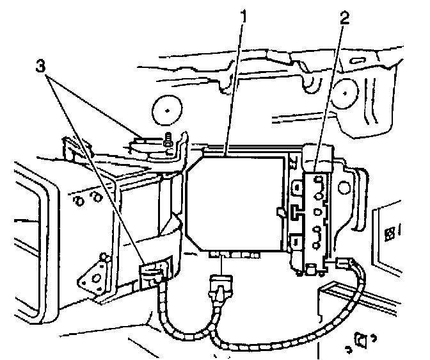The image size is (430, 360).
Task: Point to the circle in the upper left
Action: click(x=166, y=111)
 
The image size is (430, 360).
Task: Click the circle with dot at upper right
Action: click(x=345, y=94)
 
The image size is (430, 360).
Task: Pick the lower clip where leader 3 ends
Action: click(x=151, y=274)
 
